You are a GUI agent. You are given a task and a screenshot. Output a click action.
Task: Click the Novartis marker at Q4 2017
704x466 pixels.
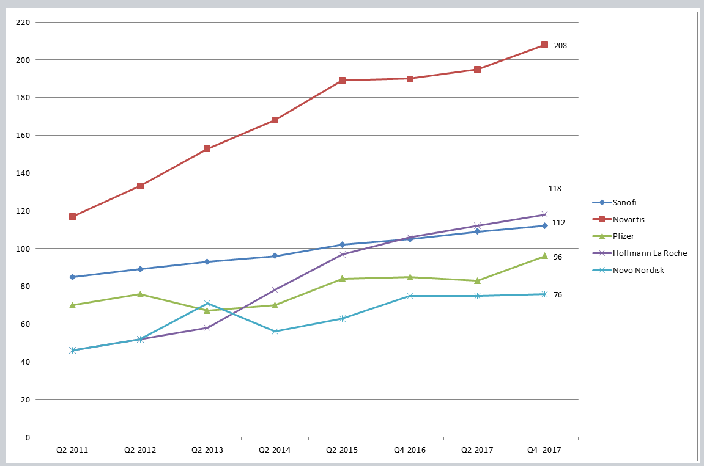coord(544,45)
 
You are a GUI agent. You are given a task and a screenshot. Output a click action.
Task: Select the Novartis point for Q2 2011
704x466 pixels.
coord(73,216)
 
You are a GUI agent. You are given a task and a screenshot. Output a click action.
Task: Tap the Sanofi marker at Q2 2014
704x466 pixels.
coord(275,256)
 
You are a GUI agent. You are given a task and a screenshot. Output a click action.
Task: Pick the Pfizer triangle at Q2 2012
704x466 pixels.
coord(140,294)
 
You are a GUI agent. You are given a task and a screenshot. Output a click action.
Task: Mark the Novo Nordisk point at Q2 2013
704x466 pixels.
coord(207,304)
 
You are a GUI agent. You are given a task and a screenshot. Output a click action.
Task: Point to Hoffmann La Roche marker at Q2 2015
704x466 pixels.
coord(342,254)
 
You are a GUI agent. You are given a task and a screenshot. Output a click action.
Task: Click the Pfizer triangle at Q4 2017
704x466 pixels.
coord(544,256)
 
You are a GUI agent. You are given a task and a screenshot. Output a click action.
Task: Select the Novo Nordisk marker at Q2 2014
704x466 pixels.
coord(275,332)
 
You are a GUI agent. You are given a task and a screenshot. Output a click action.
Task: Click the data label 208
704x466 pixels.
coord(560,45)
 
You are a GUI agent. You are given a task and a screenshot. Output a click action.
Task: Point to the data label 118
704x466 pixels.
coord(555,189)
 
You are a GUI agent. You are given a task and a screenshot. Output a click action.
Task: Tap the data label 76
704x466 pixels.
coord(558,295)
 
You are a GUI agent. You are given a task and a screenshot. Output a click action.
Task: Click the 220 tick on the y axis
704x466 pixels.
coord(23,22)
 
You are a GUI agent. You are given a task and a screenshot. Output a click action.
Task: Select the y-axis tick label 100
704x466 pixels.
coord(23,249)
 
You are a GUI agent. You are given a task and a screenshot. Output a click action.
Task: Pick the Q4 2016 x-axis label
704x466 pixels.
coord(410,450)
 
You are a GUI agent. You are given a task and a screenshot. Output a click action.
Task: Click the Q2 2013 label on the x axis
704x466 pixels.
coord(207,450)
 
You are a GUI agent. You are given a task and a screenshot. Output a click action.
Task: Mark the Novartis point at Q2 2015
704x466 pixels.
coord(342,80)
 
